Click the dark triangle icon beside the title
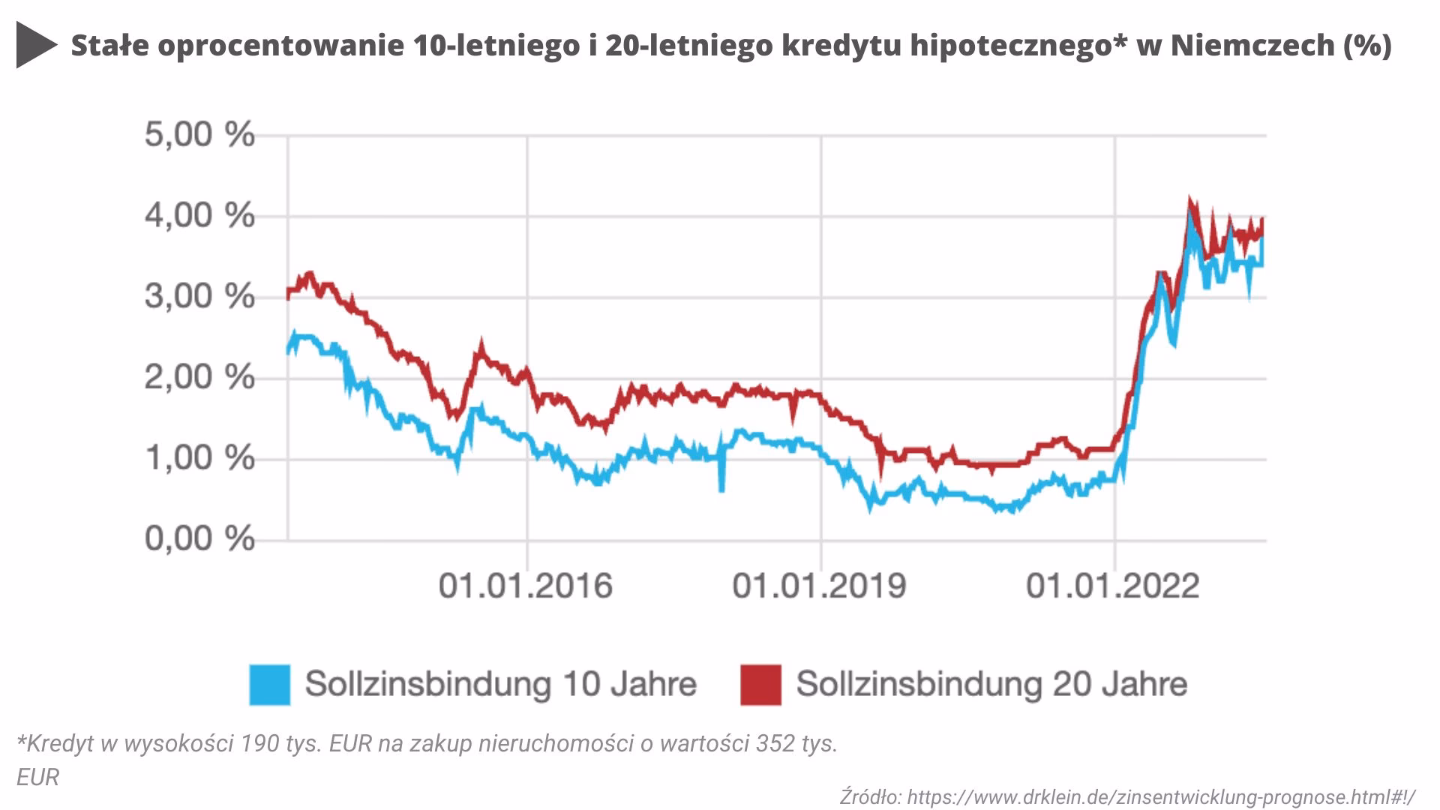pos(34,46)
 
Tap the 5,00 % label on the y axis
pos(199,136)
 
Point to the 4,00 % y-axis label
pos(199,217)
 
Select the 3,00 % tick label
pos(199,297)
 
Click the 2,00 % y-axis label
pos(199,378)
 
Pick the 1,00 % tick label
pos(199,458)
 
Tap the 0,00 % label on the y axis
pos(199,539)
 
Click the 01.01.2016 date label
pos(526,586)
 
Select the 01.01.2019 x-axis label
pos(820,586)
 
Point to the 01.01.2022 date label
pos(1114,586)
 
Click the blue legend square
pos(269,685)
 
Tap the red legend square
pos(760,685)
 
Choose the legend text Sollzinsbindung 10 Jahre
pos(501,684)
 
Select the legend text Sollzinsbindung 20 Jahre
pos(991,684)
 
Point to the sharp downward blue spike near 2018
pos(721,487)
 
